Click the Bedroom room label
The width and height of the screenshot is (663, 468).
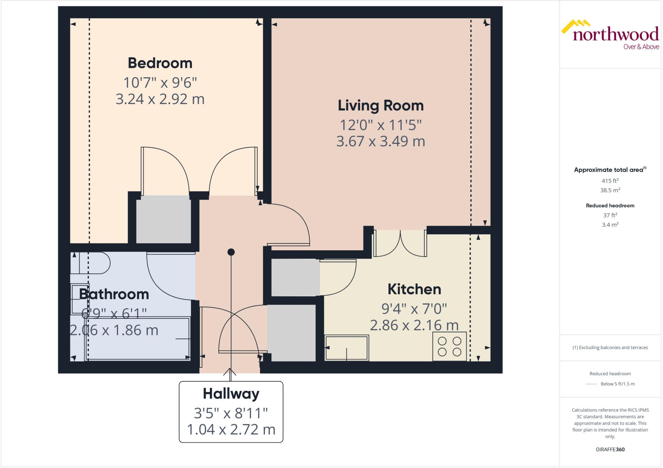(160, 63)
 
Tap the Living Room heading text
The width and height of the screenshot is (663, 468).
(380, 106)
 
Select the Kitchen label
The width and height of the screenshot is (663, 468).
(414, 289)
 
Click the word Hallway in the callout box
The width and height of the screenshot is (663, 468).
(231, 394)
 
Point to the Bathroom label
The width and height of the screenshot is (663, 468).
(114, 294)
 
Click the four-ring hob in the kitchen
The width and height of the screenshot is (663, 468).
(449, 346)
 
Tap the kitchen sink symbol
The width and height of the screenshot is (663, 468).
(347, 348)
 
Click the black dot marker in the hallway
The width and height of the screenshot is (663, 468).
(231, 252)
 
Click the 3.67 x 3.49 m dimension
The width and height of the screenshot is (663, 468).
(380, 141)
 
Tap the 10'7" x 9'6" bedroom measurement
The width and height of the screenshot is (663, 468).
(160, 83)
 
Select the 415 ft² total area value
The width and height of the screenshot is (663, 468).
(610, 181)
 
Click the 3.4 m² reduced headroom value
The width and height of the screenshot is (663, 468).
(610, 225)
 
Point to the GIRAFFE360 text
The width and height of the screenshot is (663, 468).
(610, 449)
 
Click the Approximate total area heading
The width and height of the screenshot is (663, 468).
(609, 170)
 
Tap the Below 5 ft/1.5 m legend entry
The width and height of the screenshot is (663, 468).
(617, 384)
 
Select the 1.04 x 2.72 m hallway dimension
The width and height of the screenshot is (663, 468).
(231, 430)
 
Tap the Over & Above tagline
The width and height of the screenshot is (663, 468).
(641, 47)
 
